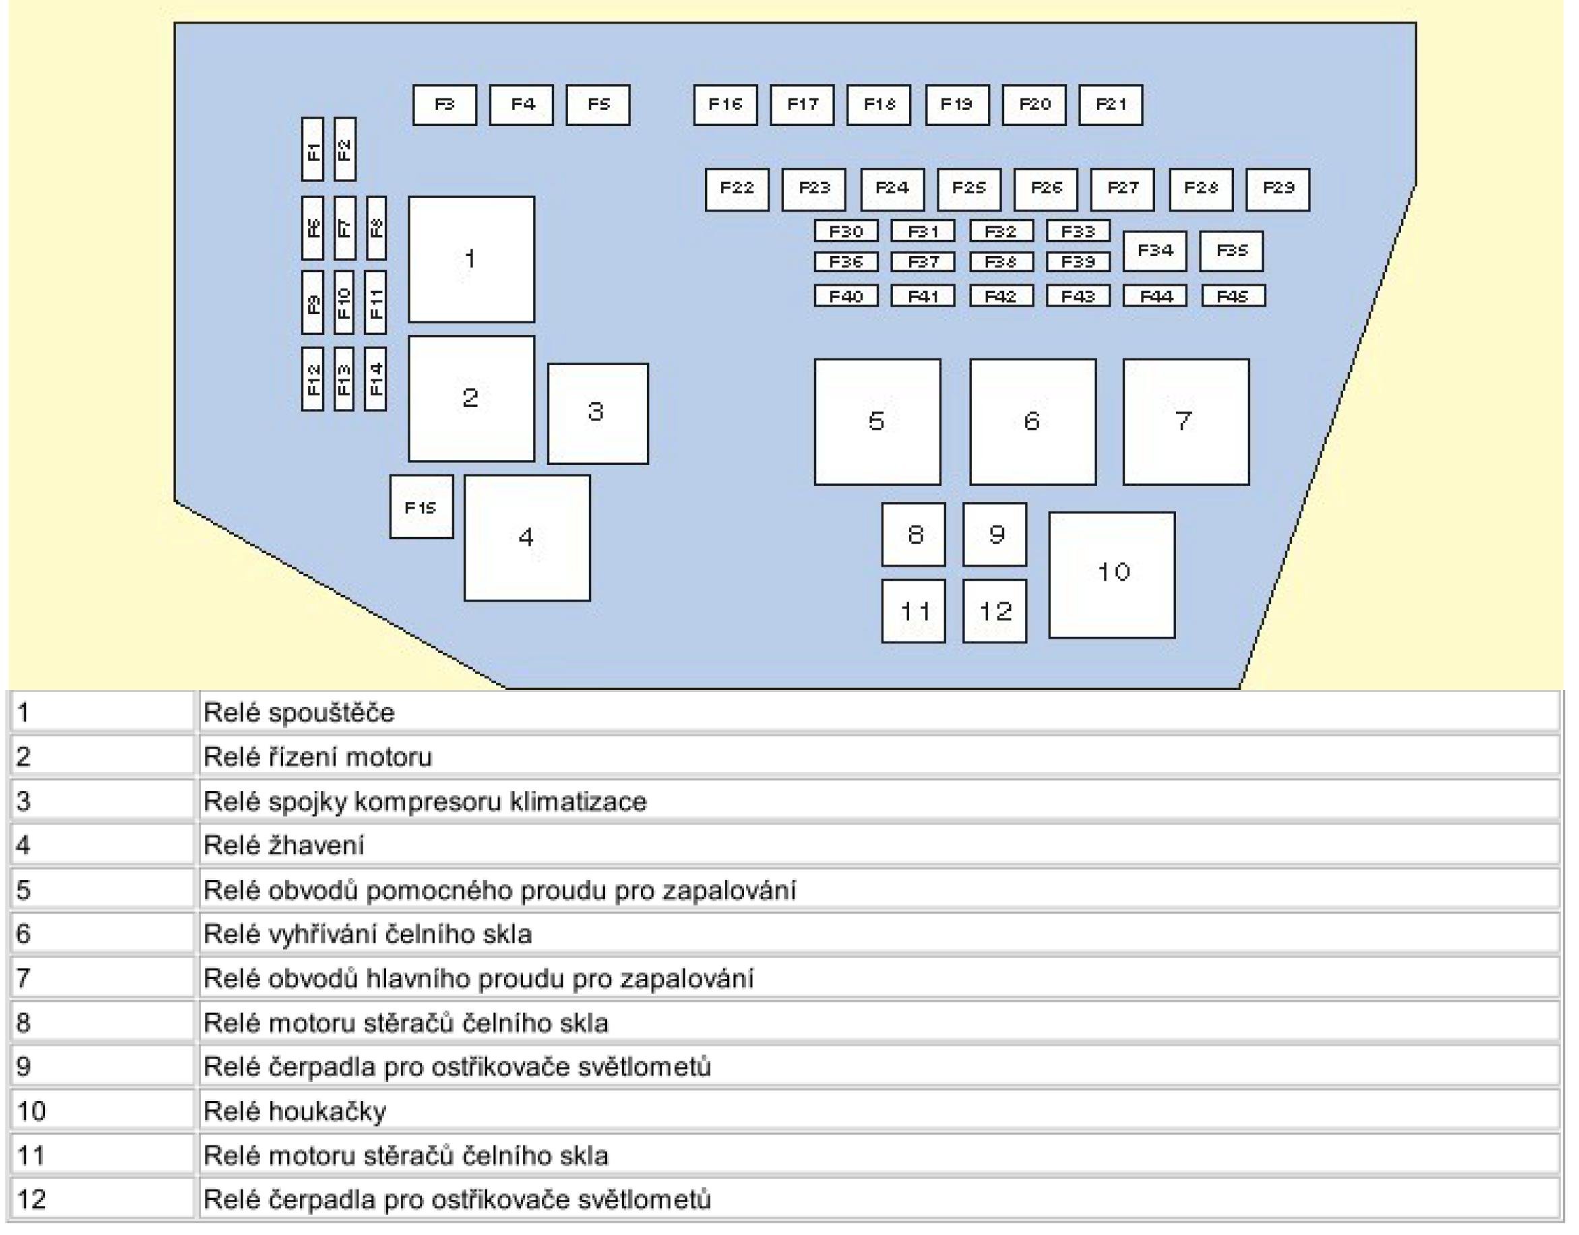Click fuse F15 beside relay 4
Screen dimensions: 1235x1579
pos(421,507)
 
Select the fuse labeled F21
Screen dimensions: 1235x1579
pos(1111,105)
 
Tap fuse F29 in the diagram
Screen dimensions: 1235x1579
pos(1277,189)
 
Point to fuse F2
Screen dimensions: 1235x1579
pos(344,150)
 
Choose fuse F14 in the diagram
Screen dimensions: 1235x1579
pos(375,379)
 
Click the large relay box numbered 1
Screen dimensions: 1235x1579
pos(471,259)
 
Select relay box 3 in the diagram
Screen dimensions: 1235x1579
pos(598,413)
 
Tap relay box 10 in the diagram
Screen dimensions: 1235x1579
pos(1111,575)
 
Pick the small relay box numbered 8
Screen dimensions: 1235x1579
pos(912,534)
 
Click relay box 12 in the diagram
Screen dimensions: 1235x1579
pos(994,611)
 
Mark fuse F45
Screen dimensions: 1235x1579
pos(1233,296)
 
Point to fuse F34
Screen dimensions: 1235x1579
pos(1154,251)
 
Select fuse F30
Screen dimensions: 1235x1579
pos(846,231)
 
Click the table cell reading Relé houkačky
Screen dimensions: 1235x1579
pos(295,1111)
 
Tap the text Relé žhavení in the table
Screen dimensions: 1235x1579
pos(284,846)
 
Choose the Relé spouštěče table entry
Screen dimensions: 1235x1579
pos(299,713)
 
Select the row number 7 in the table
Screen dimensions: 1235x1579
pos(23,978)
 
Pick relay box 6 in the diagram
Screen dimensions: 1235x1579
pos(1032,422)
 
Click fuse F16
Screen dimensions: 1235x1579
pos(724,105)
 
